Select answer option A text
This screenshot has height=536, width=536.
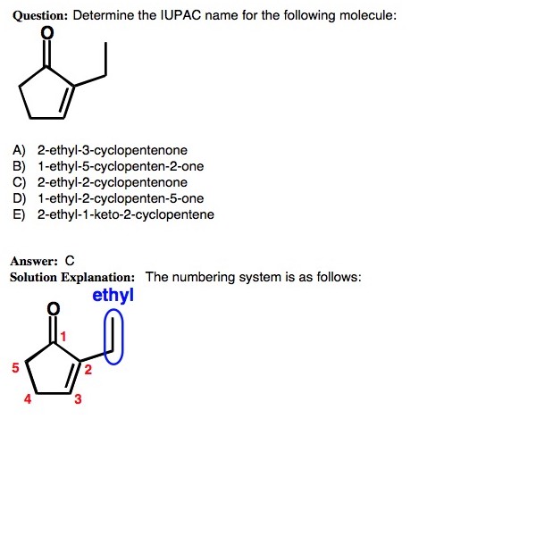[x=112, y=151]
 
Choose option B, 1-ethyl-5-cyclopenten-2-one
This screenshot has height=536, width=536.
[x=121, y=167]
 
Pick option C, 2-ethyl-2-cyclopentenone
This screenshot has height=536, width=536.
[x=112, y=183]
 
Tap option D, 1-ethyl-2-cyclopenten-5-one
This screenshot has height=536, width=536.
[x=121, y=198]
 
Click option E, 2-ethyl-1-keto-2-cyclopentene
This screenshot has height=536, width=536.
[x=125, y=214]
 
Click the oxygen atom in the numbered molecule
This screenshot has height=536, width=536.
[x=54, y=309]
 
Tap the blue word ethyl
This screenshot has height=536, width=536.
[x=113, y=295]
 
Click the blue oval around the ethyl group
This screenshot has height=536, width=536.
[x=113, y=337]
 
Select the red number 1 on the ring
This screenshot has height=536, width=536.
[x=64, y=336]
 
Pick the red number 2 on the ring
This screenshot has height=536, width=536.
[x=88, y=373]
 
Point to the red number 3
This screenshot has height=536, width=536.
[x=78, y=399]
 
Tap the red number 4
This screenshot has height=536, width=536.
[x=28, y=399]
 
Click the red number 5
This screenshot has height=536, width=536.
[x=15, y=367]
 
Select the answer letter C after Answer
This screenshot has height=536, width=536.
[x=70, y=262]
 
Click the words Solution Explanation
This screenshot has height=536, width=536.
[x=72, y=277]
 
